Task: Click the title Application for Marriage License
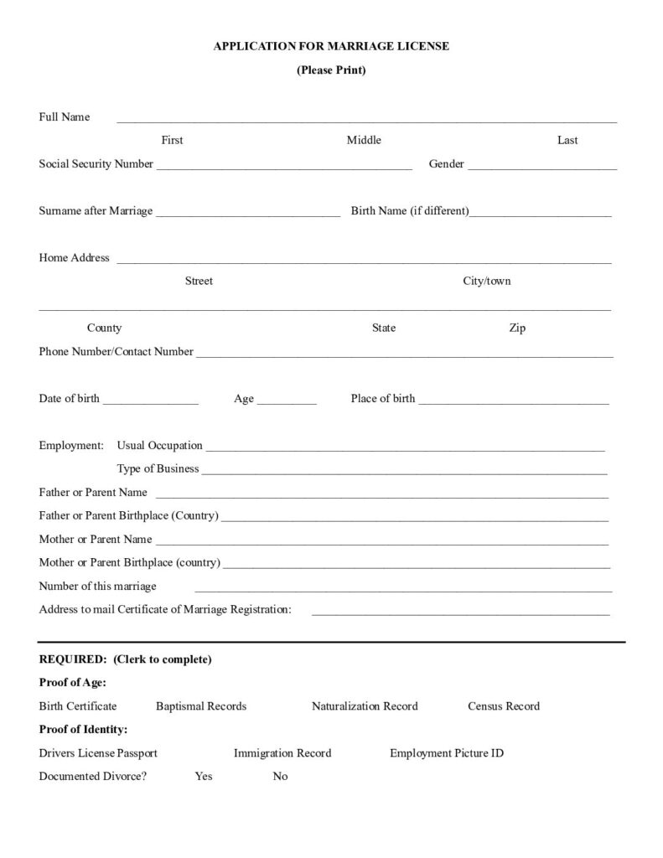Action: point(331,47)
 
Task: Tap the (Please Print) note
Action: point(331,70)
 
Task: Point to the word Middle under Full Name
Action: point(364,141)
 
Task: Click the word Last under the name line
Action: point(567,141)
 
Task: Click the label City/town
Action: point(487,282)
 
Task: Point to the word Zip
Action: point(517,328)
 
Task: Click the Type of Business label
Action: point(158,469)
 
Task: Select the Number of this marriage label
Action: point(97,587)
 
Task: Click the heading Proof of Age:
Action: point(73,683)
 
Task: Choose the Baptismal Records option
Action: point(201,706)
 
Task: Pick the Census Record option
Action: point(504,706)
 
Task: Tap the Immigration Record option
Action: point(282,753)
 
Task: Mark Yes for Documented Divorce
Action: point(204,777)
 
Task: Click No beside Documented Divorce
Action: point(280,777)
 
